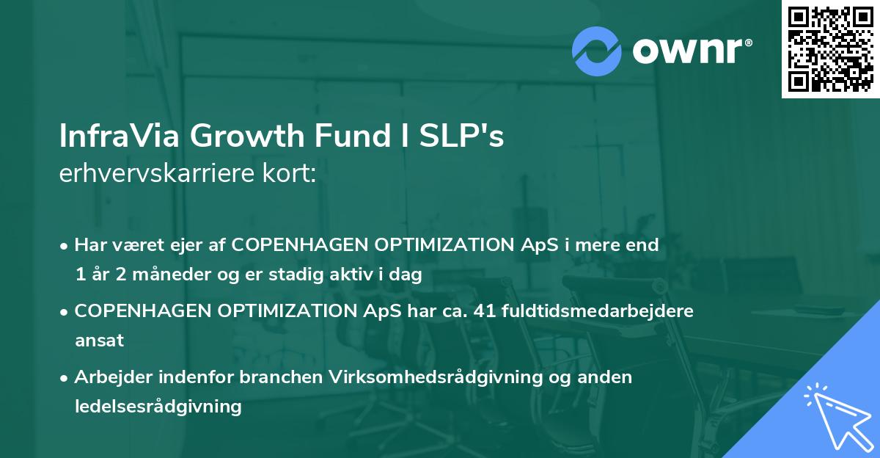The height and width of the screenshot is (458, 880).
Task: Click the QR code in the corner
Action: [x=830, y=49]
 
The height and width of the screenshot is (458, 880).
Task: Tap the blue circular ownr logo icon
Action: [x=597, y=51]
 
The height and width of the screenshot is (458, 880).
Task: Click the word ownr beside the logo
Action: [x=691, y=51]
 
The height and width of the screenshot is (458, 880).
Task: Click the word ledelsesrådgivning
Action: [x=158, y=406]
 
